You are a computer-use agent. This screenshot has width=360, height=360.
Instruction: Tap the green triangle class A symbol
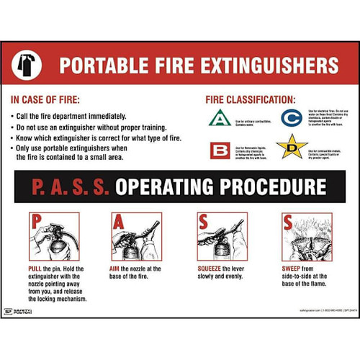pyautogui.click(x=219, y=117)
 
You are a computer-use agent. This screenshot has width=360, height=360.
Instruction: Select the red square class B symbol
pyautogui.click(x=219, y=150)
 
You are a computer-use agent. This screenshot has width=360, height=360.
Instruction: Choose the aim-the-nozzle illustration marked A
pyautogui.click(x=136, y=237)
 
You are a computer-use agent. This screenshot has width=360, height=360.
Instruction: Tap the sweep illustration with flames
pyautogui.click(x=307, y=237)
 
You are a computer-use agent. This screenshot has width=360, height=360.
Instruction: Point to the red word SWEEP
pyautogui.click(x=293, y=268)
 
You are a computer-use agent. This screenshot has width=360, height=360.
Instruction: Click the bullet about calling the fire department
pyautogui.click(x=72, y=115)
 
